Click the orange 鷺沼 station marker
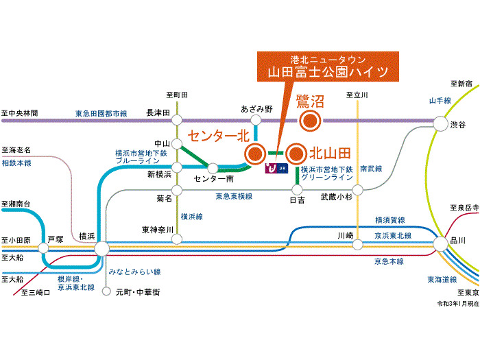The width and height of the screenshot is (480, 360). coord(310,121)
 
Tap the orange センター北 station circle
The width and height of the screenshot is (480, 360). coord(254,154)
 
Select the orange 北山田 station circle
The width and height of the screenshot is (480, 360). coord(296,154)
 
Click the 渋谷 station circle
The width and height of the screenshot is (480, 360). coord(441,123)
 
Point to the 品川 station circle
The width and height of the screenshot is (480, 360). coord(441,244)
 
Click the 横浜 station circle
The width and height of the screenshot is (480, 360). coord(102,248)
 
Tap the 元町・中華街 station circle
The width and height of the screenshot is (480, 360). coord(106,291)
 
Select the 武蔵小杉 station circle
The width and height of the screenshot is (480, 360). coord(357,190)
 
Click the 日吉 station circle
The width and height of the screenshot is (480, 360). coord(297,190)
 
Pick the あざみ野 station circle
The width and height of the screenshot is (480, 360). coord(256,120)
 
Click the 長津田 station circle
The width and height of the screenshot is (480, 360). coord(177,120)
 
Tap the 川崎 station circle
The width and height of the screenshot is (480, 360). coord(357,245)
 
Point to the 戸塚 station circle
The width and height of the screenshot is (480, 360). coord(43,248)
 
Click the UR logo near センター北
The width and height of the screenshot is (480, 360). coord(276,168)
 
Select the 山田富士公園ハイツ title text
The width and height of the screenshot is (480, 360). coord(328,72)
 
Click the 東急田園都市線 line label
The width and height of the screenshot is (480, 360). coord(101,114)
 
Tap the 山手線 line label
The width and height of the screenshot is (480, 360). coord(440,100)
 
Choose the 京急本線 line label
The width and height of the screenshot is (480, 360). coord(389,261)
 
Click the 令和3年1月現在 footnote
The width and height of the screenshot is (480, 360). coord(457,303)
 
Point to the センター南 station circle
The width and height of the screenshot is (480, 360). coord(213,168)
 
